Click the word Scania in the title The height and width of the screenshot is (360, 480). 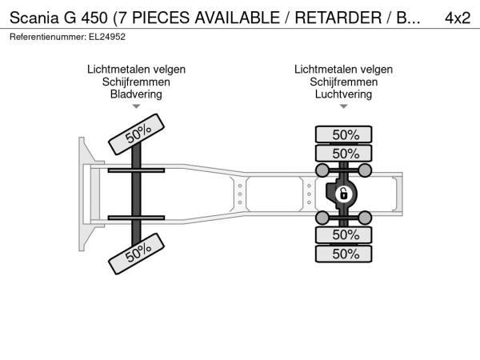pyautogui.click(x=34, y=18)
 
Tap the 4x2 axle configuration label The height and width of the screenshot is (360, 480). pyautogui.click(x=458, y=18)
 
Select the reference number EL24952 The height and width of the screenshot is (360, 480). pyautogui.click(x=107, y=37)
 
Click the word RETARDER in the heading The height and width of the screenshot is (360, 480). pyautogui.click(x=338, y=18)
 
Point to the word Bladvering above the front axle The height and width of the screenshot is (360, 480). pyautogui.click(x=136, y=94)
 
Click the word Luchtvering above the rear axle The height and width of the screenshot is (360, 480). pyautogui.click(x=343, y=94)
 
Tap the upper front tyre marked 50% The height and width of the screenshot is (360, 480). pyautogui.click(x=137, y=134)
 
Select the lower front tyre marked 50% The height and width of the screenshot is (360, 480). pyautogui.click(x=137, y=254)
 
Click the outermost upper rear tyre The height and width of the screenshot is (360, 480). pyautogui.click(x=344, y=134)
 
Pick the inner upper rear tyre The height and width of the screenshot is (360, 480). pyautogui.click(x=344, y=154)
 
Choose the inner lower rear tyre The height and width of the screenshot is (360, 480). pyautogui.click(x=344, y=235)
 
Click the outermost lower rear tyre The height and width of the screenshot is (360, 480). pyautogui.click(x=344, y=254)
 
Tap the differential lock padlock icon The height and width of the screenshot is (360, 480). pyautogui.click(x=343, y=194)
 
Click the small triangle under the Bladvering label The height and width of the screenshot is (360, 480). pyautogui.click(x=136, y=106)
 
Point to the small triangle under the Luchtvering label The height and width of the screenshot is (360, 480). pyautogui.click(x=343, y=106)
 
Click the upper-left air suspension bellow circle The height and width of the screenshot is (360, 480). pyautogui.click(x=322, y=170)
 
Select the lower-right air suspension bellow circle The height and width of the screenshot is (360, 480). pyautogui.click(x=365, y=218)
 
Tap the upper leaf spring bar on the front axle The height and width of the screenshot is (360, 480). pyautogui.click(x=136, y=170)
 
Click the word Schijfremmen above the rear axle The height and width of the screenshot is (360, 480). pyautogui.click(x=343, y=82)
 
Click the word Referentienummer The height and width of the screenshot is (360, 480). pyautogui.click(x=48, y=37)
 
